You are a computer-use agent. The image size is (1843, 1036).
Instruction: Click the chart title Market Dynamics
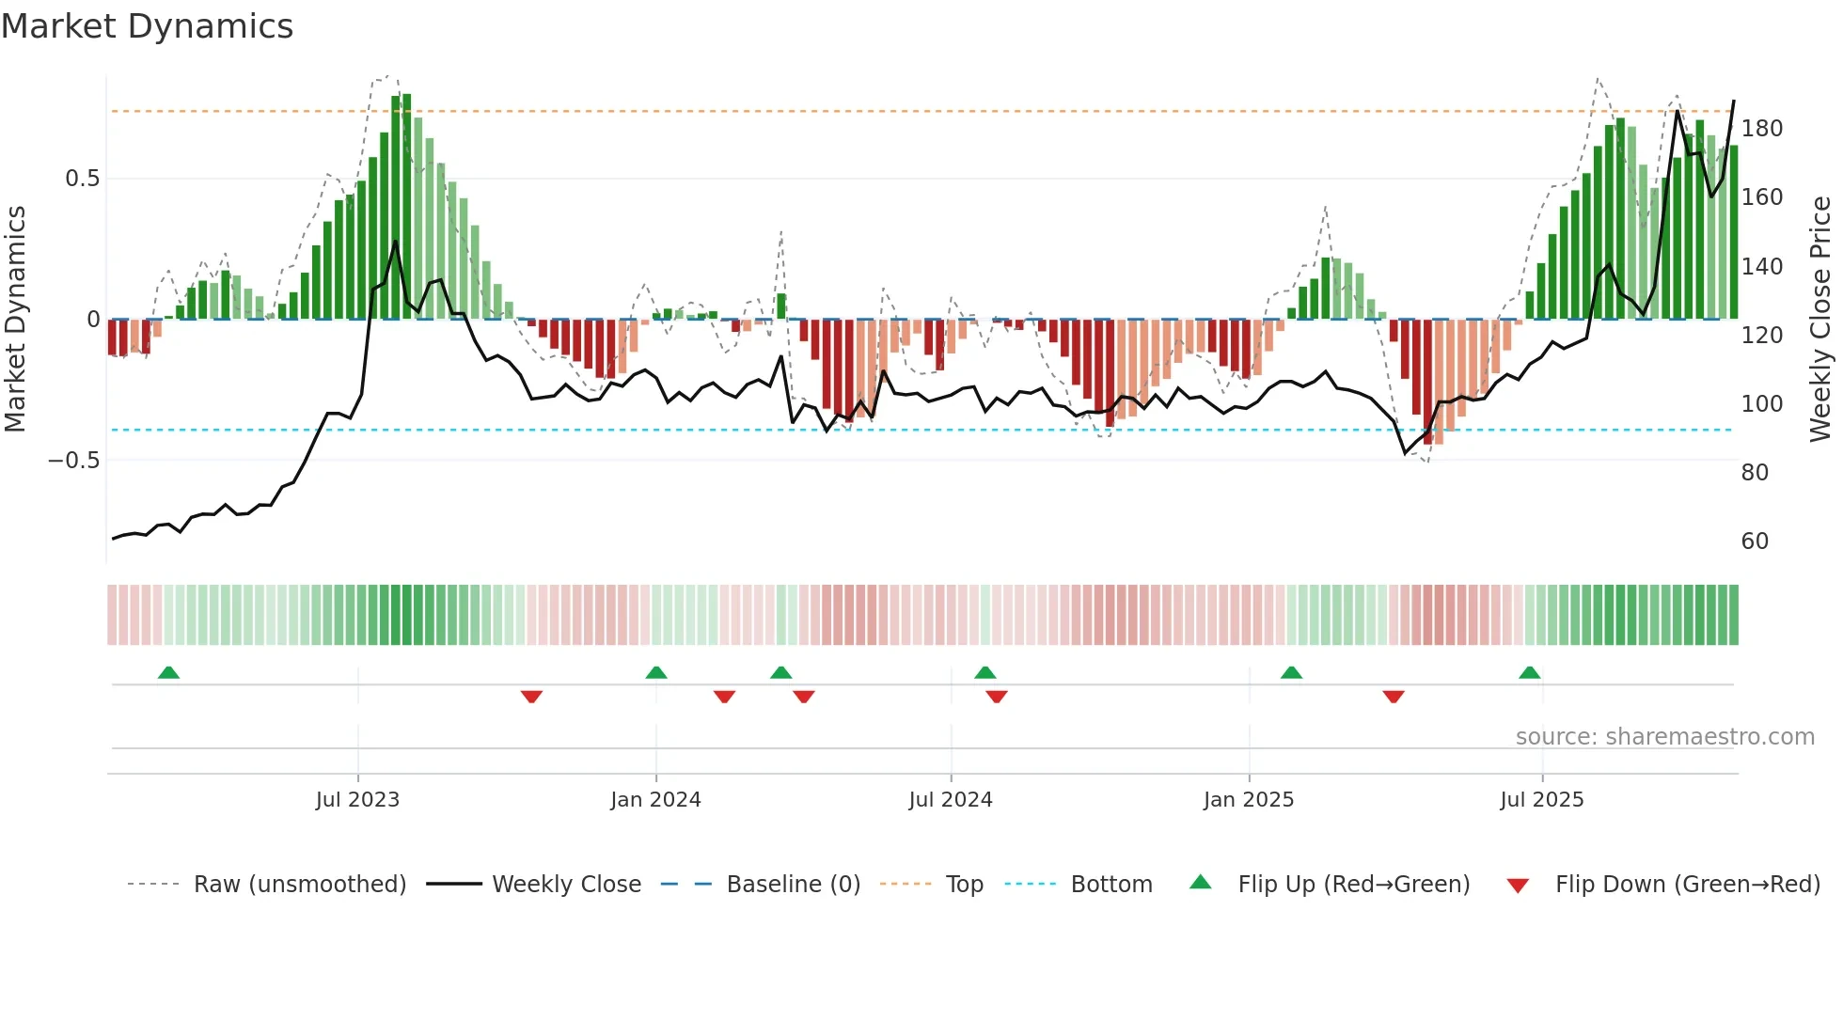(148, 26)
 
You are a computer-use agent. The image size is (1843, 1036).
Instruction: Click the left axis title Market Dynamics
(16, 319)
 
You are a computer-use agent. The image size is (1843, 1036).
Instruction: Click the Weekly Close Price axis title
(1820, 319)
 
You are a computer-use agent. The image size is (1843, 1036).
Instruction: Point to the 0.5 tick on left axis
(83, 179)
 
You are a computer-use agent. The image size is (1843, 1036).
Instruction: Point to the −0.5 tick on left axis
(74, 461)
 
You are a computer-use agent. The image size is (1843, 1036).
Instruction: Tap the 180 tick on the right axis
(1761, 129)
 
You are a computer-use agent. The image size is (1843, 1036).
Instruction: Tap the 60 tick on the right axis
(1755, 542)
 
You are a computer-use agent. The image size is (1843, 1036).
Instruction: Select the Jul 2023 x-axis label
(357, 800)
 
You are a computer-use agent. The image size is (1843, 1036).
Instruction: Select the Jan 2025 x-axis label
(1249, 800)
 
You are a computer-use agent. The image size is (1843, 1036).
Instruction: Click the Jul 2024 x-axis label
(951, 800)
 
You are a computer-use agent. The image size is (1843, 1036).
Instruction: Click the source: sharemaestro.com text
(1664, 737)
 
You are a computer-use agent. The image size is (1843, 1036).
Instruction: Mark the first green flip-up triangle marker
(168, 673)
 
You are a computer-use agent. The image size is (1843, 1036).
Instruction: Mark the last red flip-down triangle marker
(1394, 697)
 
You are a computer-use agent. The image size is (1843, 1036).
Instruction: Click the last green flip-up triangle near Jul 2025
(1530, 673)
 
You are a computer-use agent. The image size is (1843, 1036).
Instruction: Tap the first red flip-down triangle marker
(531, 697)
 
